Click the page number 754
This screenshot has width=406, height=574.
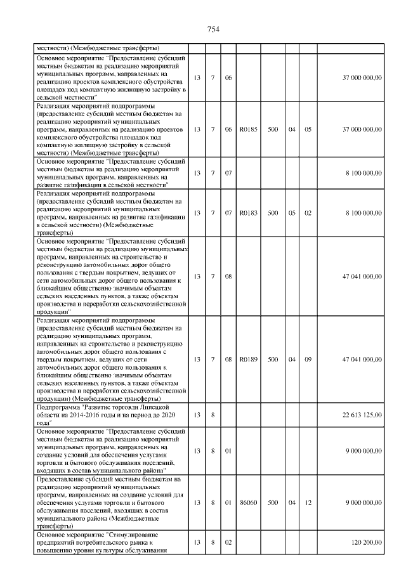click(213, 29)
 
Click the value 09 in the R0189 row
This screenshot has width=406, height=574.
click(308, 359)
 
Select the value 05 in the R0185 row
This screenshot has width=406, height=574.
click(308, 129)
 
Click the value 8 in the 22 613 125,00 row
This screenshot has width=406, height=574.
click(213, 415)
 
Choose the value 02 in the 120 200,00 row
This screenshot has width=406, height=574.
click(228, 544)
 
